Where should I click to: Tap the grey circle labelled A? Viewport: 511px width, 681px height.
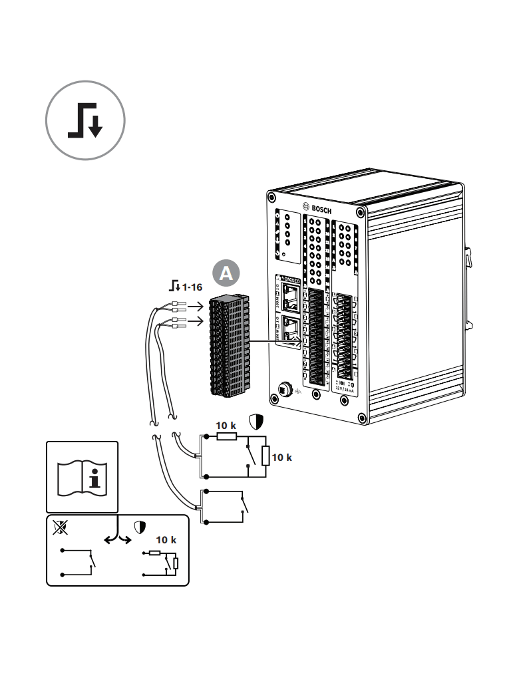tap(226, 273)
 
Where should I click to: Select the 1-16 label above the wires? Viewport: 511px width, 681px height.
tap(192, 287)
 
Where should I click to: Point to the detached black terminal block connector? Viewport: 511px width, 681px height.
tap(230, 348)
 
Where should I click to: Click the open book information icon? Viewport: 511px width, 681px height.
tap(81, 476)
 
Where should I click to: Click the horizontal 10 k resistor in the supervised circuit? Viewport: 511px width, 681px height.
tap(226, 436)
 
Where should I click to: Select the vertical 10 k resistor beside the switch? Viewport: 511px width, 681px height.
tap(265, 456)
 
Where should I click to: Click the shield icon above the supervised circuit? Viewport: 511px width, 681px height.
tap(256, 422)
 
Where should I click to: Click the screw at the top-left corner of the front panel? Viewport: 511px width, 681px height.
tap(272, 198)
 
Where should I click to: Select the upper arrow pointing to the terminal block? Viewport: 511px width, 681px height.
tap(194, 307)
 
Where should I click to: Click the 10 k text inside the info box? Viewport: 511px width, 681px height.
tap(166, 540)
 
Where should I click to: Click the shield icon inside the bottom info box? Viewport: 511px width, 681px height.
tap(140, 528)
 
